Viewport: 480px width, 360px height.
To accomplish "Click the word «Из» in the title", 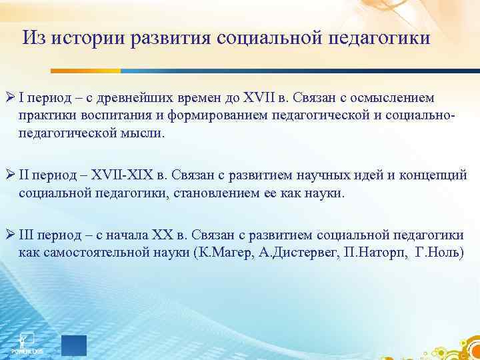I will [34, 38].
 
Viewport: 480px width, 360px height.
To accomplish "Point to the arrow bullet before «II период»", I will [11, 175].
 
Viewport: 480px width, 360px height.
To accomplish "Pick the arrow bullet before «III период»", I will [11, 235].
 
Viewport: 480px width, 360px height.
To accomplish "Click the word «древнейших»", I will [135, 99].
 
